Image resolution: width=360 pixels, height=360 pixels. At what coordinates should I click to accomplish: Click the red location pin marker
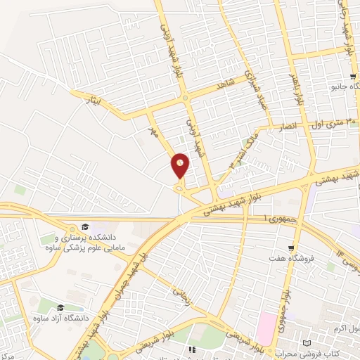(180, 166)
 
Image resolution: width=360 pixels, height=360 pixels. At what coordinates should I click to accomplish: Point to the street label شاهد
(225, 83)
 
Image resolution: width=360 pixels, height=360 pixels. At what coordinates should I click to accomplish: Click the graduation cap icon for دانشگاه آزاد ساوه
(60, 308)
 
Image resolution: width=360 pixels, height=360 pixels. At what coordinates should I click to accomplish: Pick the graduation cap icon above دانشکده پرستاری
(84, 226)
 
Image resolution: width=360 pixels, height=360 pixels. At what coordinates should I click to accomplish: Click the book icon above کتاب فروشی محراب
(305, 342)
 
